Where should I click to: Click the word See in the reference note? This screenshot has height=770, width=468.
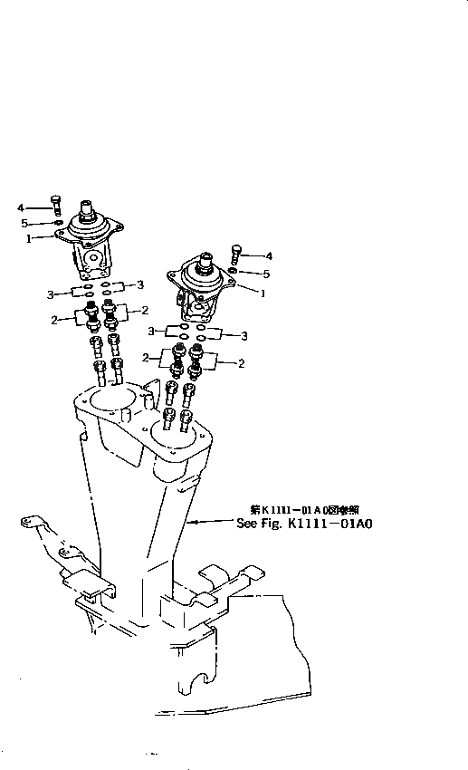point(247,523)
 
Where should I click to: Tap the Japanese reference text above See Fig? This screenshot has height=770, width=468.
point(299,510)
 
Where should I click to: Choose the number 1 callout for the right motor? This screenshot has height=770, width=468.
point(263,294)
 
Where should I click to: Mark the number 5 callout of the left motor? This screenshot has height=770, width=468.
point(25,223)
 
